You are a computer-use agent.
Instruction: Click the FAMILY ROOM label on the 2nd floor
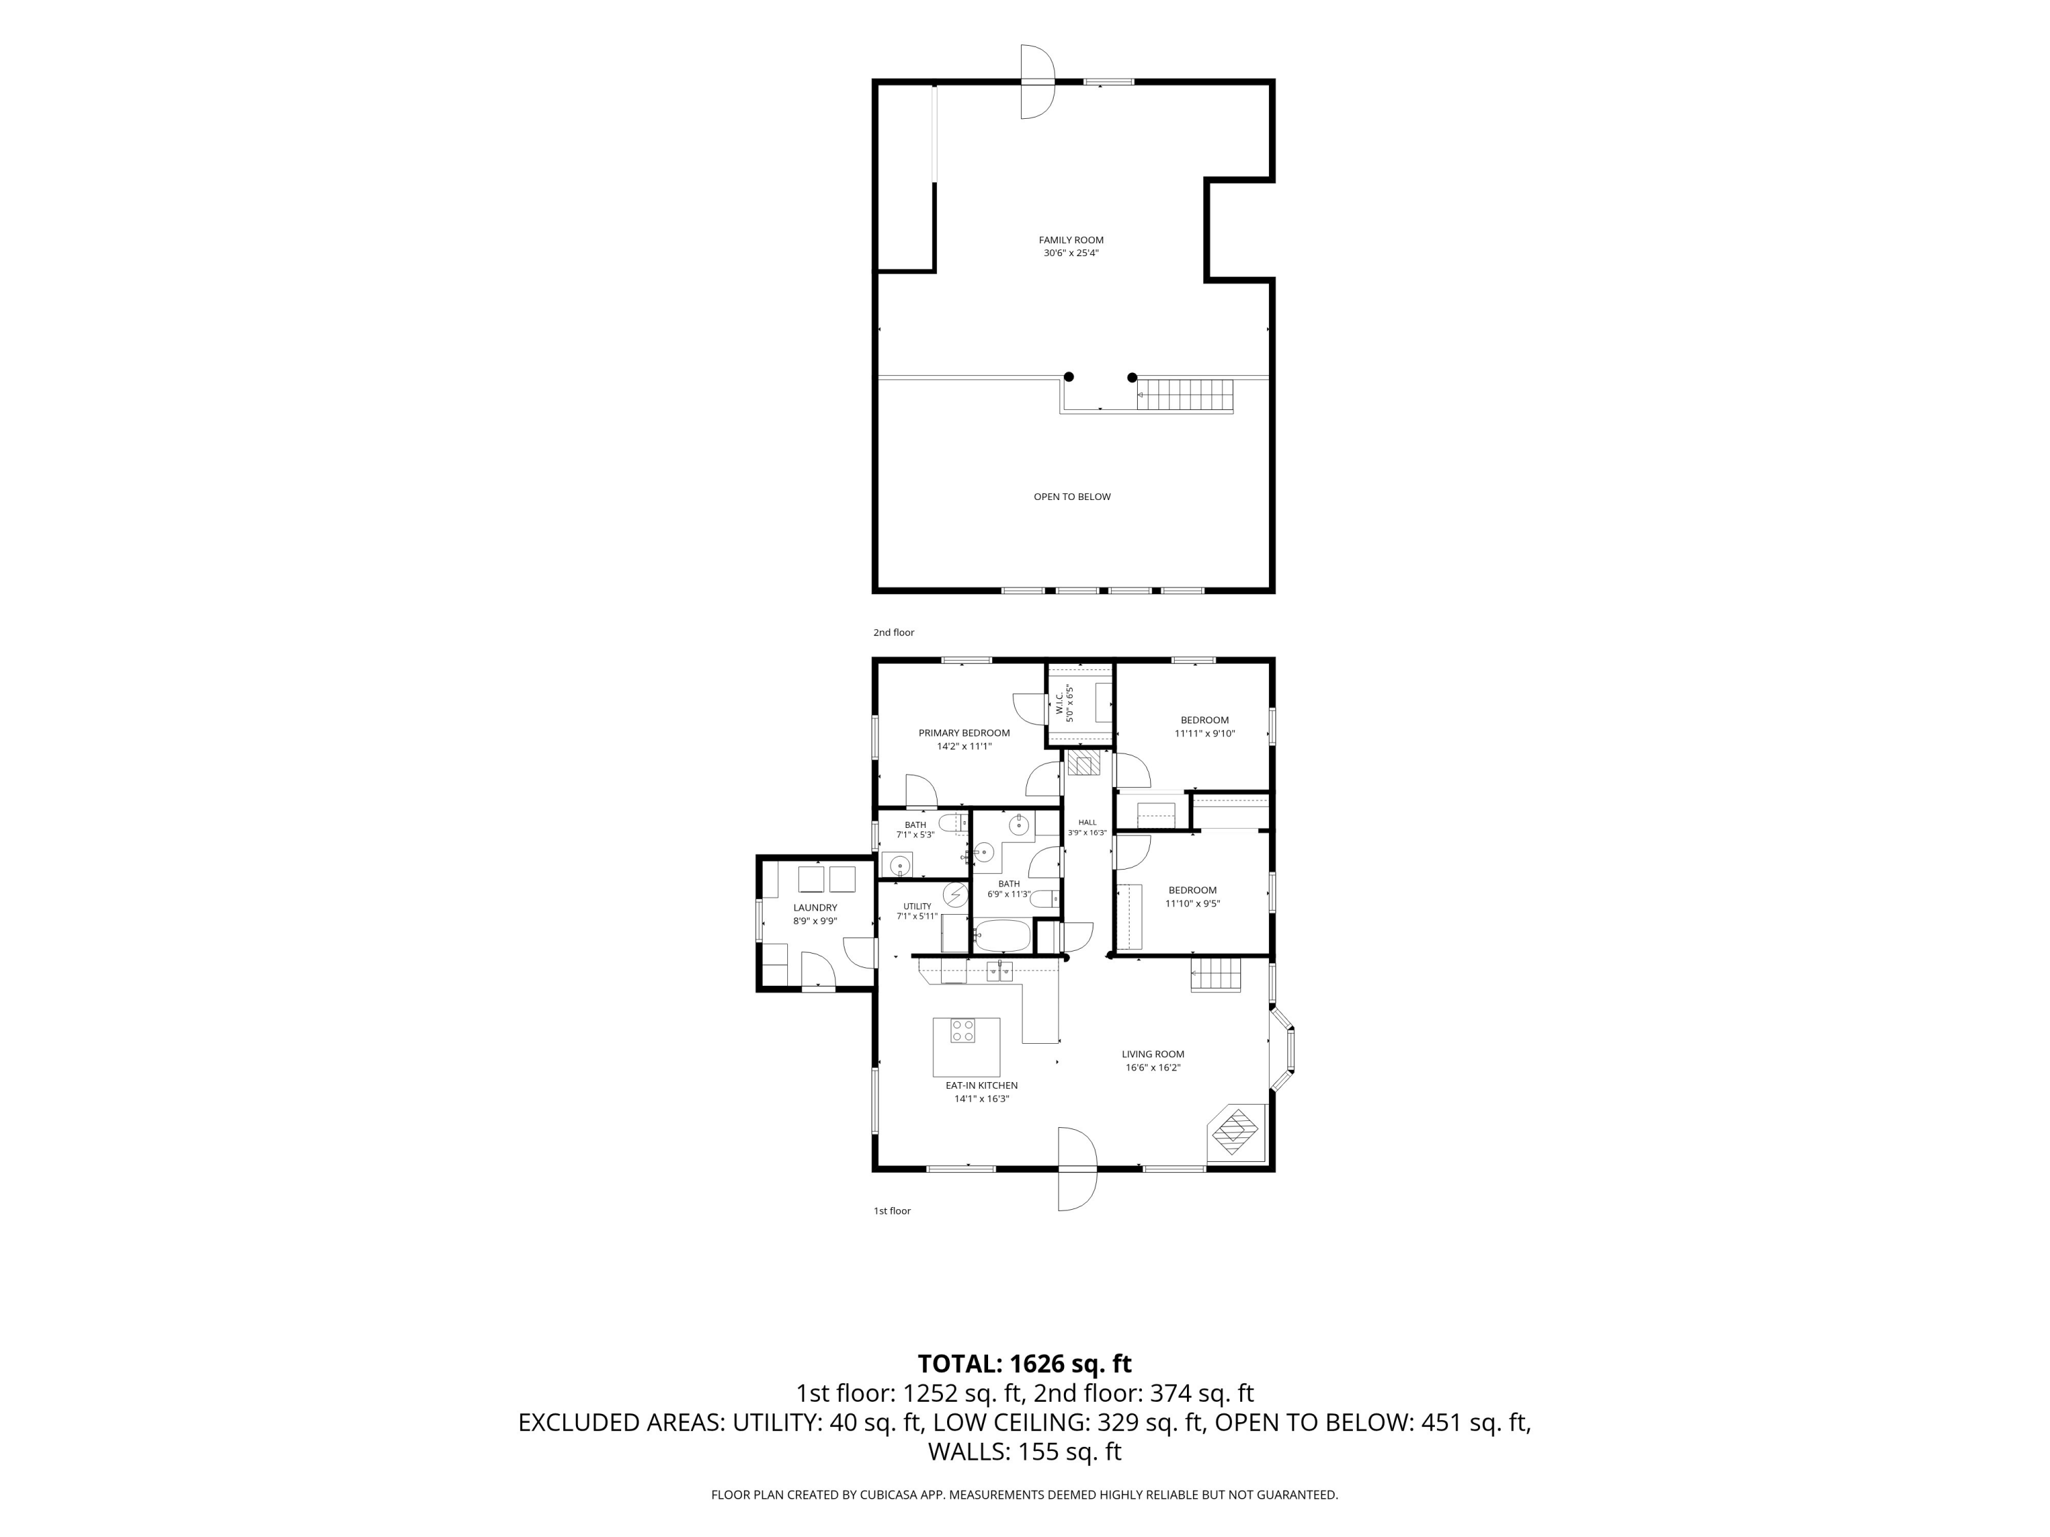(x=1071, y=240)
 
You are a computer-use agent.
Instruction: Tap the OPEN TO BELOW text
(x=1072, y=497)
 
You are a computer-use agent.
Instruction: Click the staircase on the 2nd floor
(x=1186, y=395)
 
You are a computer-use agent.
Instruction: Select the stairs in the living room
(x=1215, y=975)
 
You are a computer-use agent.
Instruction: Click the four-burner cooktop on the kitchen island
(x=963, y=1030)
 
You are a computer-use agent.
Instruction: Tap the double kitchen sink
(x=999, y=971)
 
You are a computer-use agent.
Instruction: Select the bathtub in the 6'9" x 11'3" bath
(x=1002, y=936)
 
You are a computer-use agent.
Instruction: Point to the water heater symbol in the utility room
(x=955, y=895)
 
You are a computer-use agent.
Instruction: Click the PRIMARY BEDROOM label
(x=963, y=733)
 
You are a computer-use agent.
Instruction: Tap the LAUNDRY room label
(x=815, y=908)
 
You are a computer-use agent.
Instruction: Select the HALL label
(x=1087, y=822)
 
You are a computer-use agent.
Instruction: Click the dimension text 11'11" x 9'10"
(x=1205, y=734)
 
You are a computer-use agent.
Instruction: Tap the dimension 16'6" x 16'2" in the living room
(x=1153, y=1067)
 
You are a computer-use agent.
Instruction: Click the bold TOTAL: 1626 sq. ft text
(x=1024, y=1363)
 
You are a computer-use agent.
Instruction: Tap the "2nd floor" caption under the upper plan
(x=893, y=633)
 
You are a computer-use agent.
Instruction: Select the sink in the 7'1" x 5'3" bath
(x=897, y=866)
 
